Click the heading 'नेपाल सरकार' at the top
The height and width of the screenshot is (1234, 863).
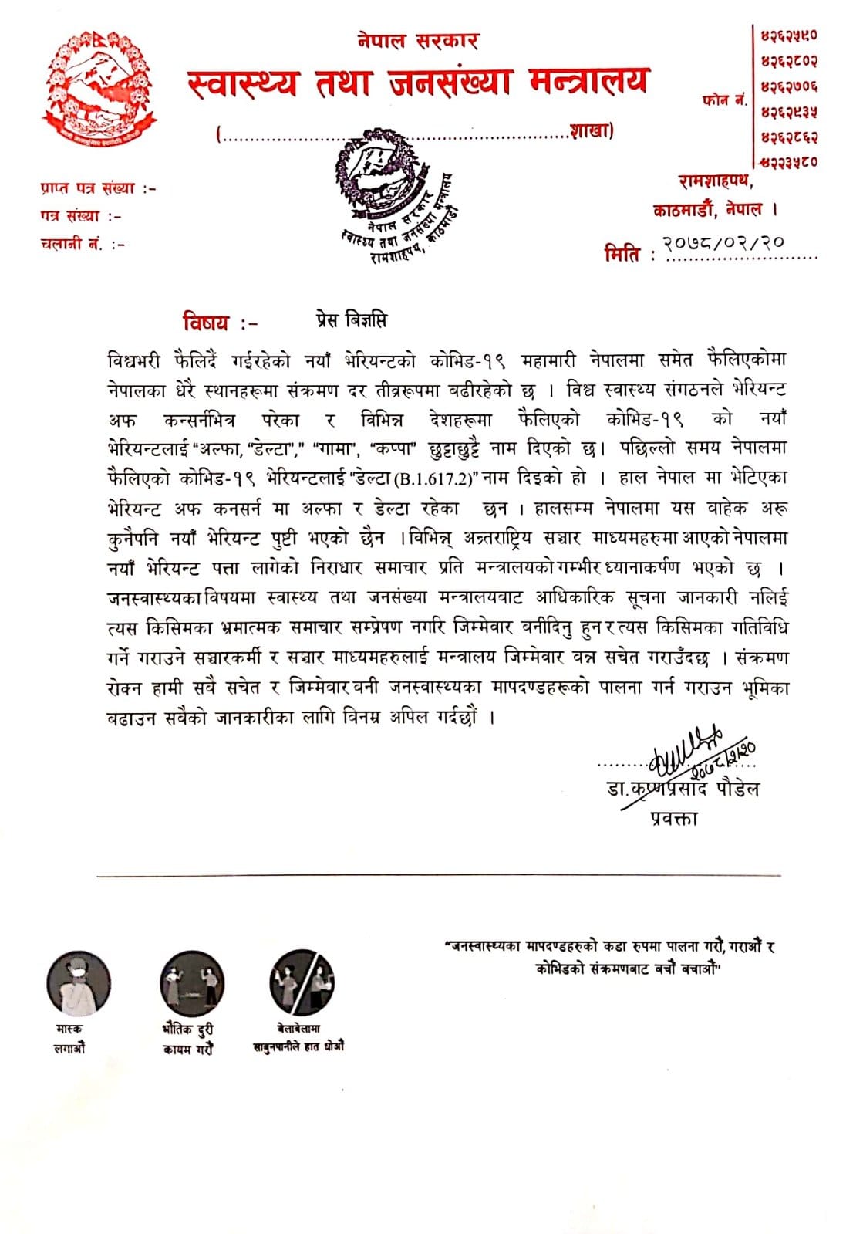(418, 40)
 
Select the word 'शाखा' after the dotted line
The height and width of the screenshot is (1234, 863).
(590, 131)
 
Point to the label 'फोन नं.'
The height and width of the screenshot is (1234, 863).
(724, 100)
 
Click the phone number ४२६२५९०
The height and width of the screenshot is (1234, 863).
(788, 35)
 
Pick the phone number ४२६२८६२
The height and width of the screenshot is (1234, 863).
(788, 137)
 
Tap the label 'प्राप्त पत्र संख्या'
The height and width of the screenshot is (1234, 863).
(87, 188)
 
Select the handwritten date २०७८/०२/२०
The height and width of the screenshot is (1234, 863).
(724, 242)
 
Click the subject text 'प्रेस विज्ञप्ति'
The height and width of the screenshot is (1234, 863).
(352, 320)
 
